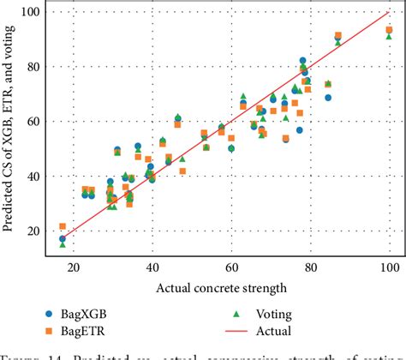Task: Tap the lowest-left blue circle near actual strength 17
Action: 63,238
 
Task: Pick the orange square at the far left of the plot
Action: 63,226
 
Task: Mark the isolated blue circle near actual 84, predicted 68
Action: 328,98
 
